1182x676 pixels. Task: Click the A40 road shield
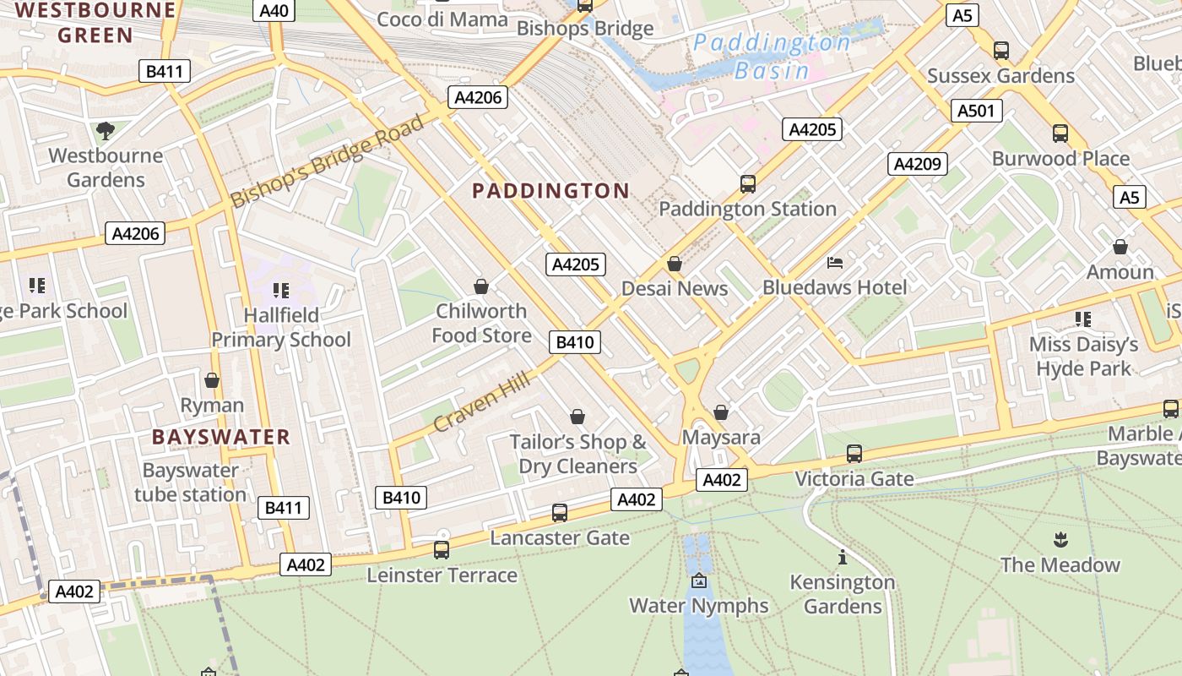point(274,11)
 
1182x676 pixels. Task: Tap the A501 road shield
point(978,111)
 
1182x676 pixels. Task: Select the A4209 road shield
point(917,164)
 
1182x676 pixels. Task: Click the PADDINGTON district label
point(550,191)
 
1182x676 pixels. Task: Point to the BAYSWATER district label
point(221,437)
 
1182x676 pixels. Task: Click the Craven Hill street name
point(483,401)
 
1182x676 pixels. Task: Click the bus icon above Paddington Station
point(747,183)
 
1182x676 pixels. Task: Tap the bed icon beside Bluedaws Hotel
point(835,263)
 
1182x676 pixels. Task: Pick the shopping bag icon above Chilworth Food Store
point(481,286)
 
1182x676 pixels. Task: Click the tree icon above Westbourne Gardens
point(106,131)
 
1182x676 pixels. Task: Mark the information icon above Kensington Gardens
point(842,557)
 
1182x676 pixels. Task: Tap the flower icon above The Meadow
point(1060,539)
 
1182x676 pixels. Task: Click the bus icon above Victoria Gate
point(854,454)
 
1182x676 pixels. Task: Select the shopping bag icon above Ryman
point(212,380)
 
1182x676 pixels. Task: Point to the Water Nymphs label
point(699,606)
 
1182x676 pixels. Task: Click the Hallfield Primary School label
point(281,328)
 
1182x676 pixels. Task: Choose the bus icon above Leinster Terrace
point(441,550)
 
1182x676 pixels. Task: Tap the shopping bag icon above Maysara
point(721,412)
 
